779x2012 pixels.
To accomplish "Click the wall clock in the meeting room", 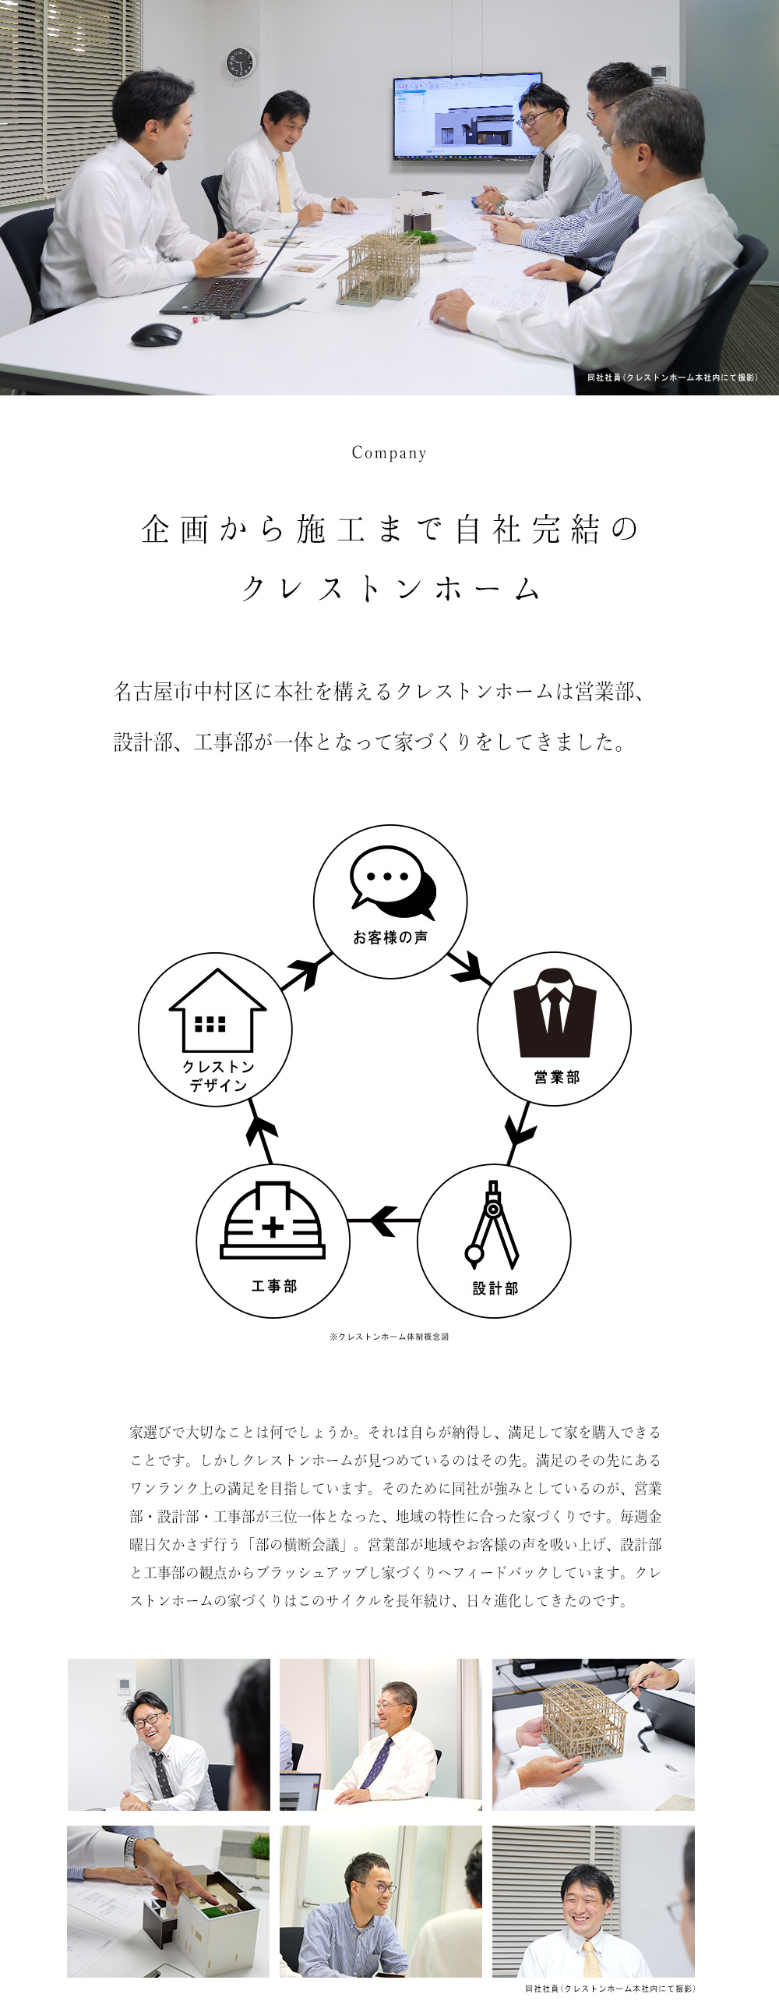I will [x=240, y=63].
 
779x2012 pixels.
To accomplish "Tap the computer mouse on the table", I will [x=156, y=335].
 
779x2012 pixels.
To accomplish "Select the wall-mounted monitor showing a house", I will [x=467, y=115].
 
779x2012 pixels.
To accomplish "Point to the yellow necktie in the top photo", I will [x=284, y=183].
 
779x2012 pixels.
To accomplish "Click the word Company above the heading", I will [x=389, y=453].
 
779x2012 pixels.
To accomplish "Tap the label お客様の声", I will [x=390, y=937].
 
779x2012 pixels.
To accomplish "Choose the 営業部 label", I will [x=556, y=1077].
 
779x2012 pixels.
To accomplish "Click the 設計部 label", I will [x=495, y=1288].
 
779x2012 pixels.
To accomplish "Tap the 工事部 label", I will [x=274, y=1286].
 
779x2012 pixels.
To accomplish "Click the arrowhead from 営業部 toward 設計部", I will [x=519, y=1130].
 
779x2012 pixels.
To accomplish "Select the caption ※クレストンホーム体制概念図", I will [x=389, y=1337].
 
